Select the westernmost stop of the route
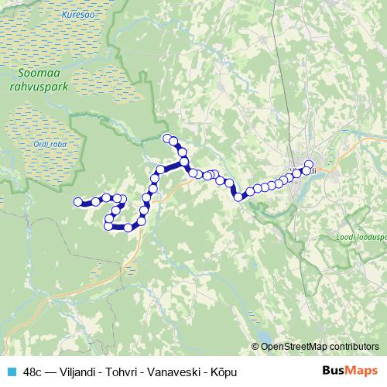[77, 202]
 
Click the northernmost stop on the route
[166, 139]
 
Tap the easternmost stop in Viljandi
[310, 170]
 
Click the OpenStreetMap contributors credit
[322, 346]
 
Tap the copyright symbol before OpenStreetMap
[256, 346]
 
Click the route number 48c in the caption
[33, 372]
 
